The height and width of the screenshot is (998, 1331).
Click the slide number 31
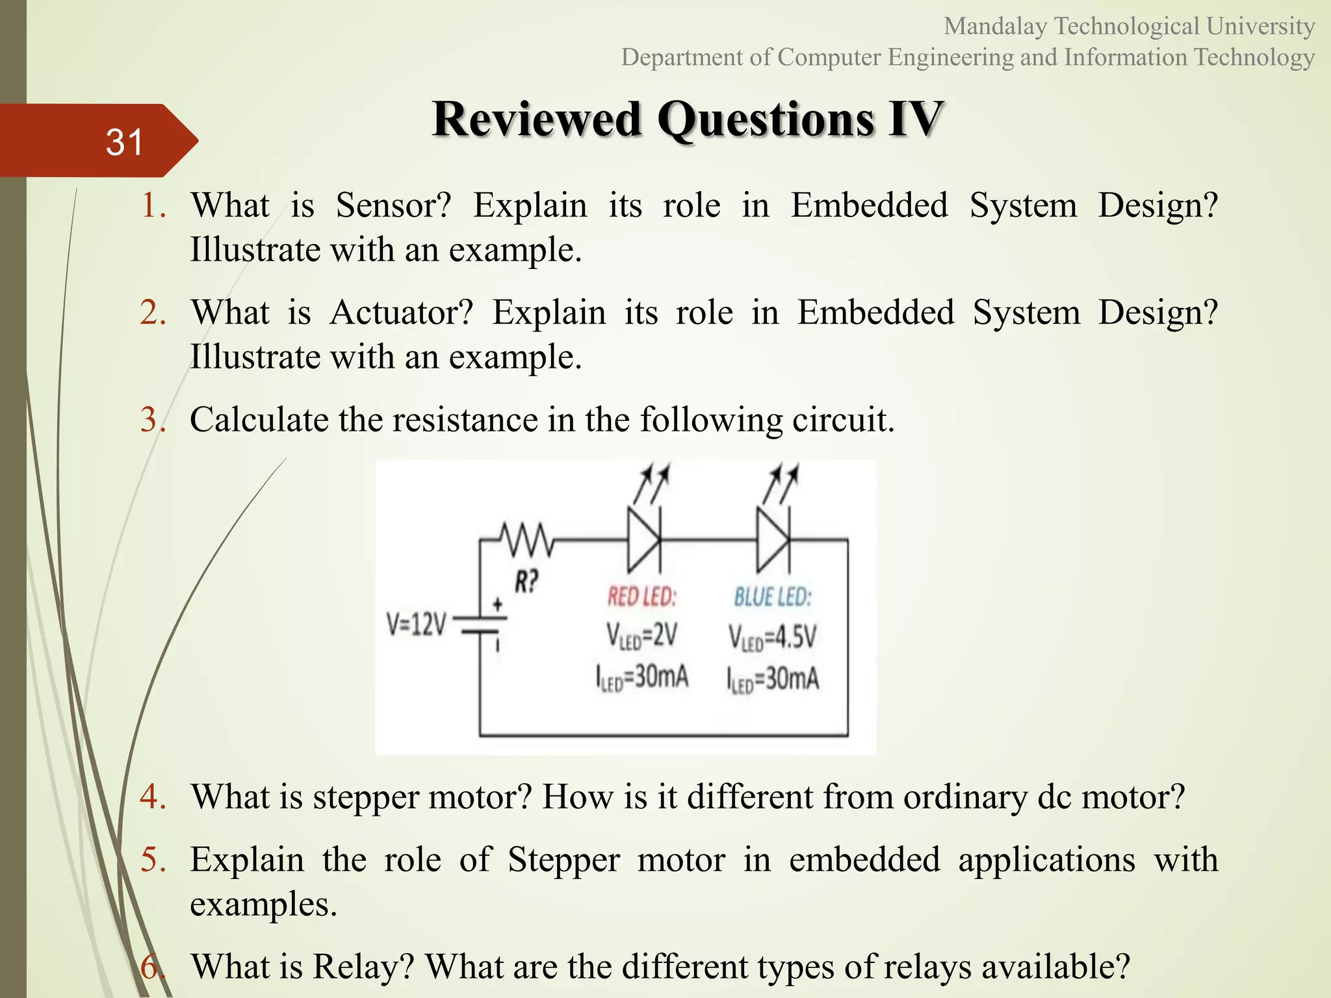pyautogui.click(x=124, y=142)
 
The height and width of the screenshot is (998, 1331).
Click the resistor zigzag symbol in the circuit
pyautogui.click(x=527, y=539)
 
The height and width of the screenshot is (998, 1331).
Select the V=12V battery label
pyautogui.click(x=417, y=625)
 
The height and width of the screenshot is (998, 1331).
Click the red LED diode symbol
pyautogui.click(x=643, y=539)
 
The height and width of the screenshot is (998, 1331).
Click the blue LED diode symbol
pyautogui.click(x=773, y=539)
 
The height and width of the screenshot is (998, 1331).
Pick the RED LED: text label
pyautogui.click(x=642, y=596)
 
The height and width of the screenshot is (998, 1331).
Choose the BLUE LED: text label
pyautogui.click(x=773, y=596)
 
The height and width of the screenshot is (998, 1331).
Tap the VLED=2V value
pyautogui.click(x=642, y=635)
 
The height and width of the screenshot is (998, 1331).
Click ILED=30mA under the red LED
pyautogui.click(x=642, y=678)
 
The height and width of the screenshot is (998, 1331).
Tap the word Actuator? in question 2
pyautogui.click(x=402, y=313)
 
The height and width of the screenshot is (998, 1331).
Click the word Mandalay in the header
pyautogui.click(x=995, y=27)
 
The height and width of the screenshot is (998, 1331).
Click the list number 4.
pyautogui.click(x=153, y=797)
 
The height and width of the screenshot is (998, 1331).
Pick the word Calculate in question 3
pyautogui.click(x=259, y=420)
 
